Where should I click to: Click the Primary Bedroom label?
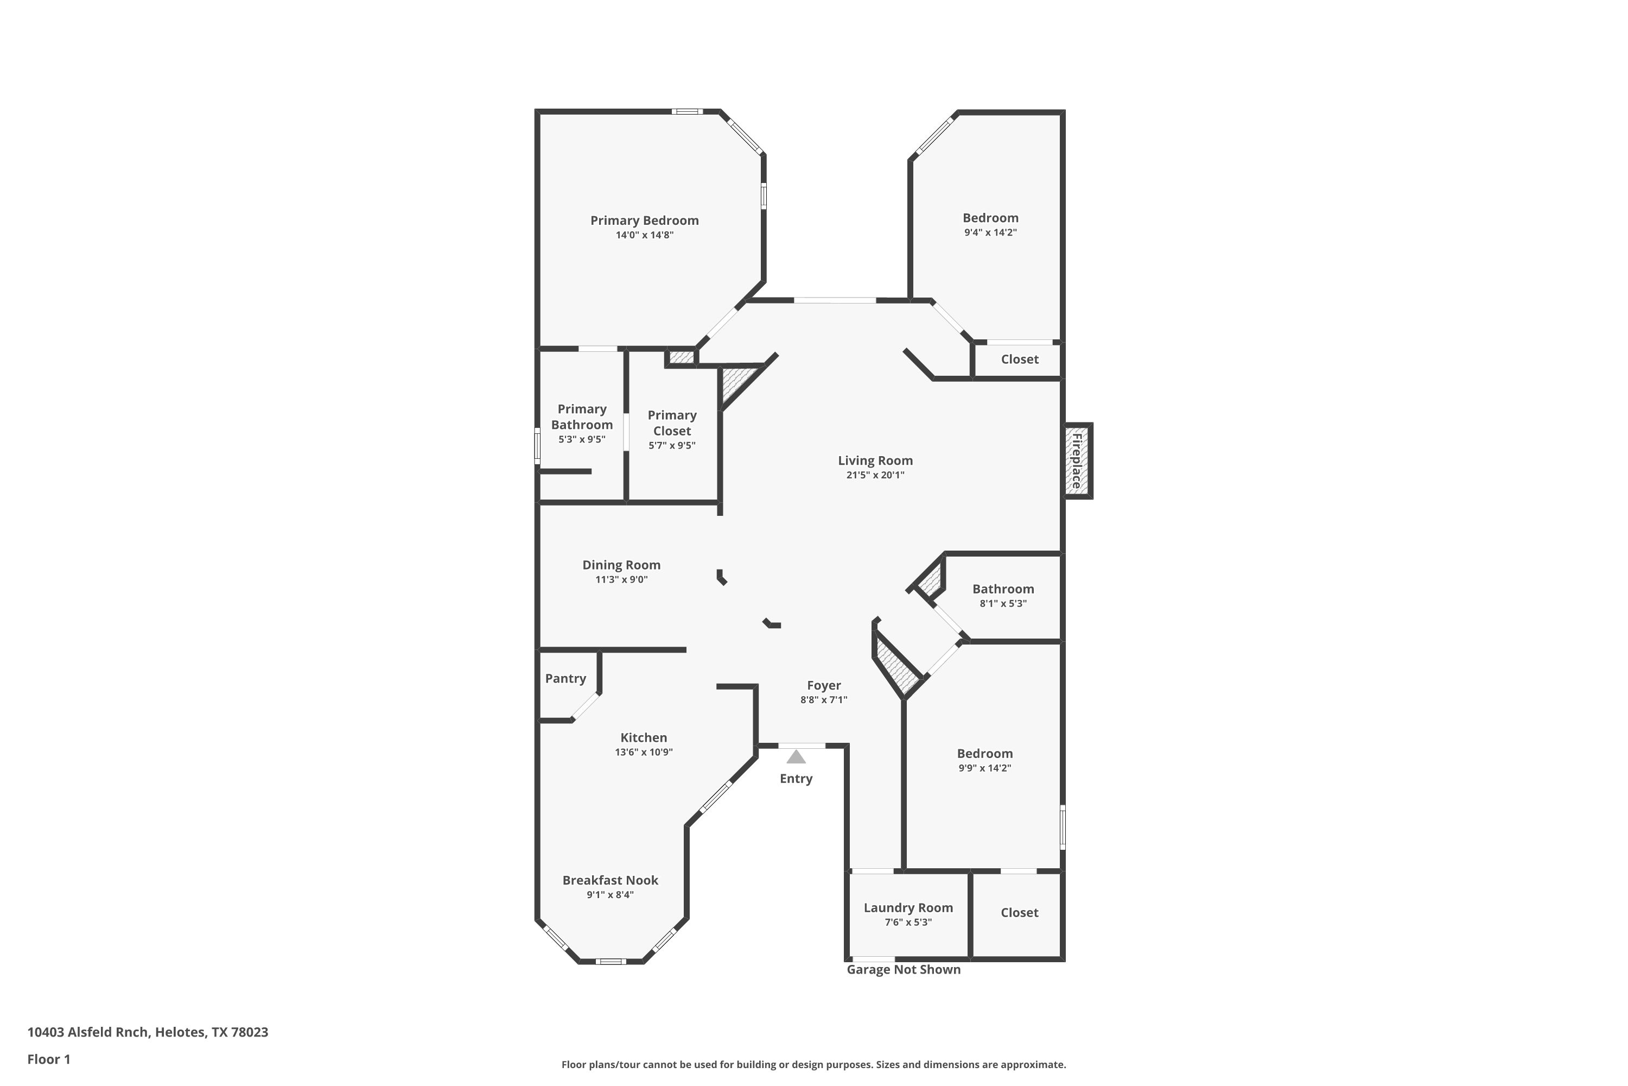645,220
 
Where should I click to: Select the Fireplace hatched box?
1078,460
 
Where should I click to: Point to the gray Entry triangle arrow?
796,756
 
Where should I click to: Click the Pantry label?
565,678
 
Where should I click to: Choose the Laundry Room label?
908,907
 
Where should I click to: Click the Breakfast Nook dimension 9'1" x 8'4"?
610,895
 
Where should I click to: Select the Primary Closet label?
672,422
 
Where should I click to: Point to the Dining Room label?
621,565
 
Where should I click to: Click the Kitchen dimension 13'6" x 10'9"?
644,752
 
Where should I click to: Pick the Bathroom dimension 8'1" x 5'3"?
1003,603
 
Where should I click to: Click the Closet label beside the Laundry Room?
1020,912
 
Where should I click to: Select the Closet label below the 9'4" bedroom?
1020,359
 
